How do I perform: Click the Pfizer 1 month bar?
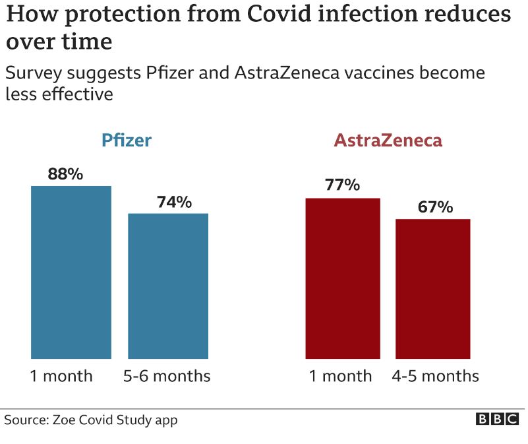(x=71, y=272)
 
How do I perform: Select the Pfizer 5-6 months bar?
(x=168, y=286)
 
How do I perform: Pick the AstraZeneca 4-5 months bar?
(x=432, y=288)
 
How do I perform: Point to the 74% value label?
(x=174, y=202)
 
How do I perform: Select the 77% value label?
(x=342, y=185)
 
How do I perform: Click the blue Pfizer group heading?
(x=126, y=141)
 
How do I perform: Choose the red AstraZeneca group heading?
(x=388, y=141)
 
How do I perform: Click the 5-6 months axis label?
(x=167, y=376)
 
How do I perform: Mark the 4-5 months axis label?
(x=435, y=376)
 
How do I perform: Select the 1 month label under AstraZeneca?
(x=341, y=376)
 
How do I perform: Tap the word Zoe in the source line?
(x=65, y=420)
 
